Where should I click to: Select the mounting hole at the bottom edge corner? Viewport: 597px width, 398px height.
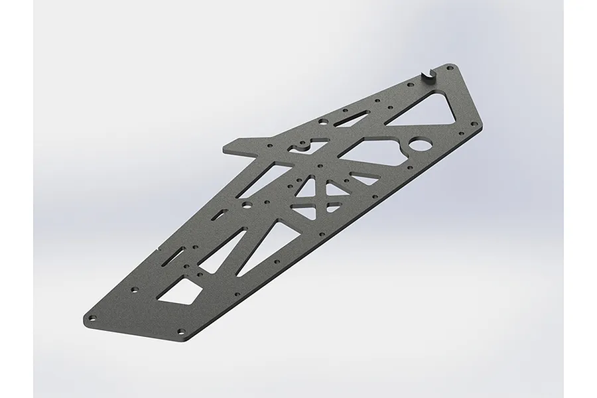point(180,330)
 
